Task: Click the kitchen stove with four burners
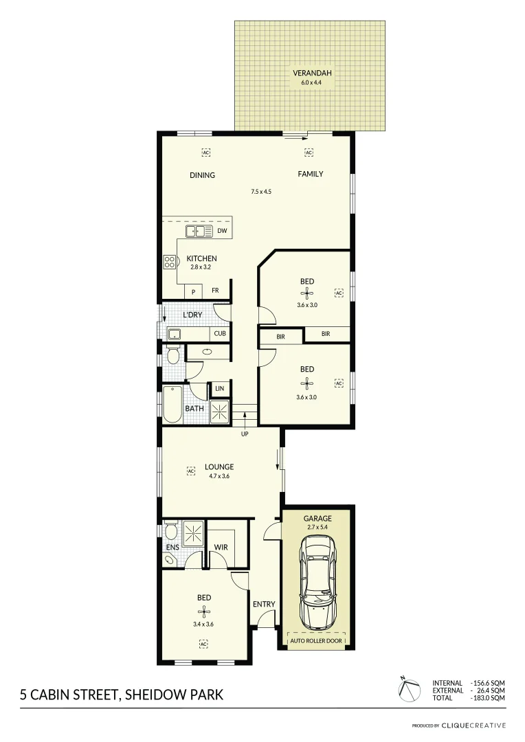point(169,261)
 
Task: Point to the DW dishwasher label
point(222,231)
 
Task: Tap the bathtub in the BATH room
point(171,405)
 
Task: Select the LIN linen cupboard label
point(219,389)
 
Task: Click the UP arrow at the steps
point(244,416)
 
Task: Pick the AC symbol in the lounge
point(192,471)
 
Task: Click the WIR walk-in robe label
point(221,548)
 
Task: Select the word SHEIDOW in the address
point(155,695)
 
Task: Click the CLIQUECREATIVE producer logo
point(473,725)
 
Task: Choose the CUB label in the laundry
point(219,334)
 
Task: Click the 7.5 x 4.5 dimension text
point(261,192)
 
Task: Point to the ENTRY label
point(264,605)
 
